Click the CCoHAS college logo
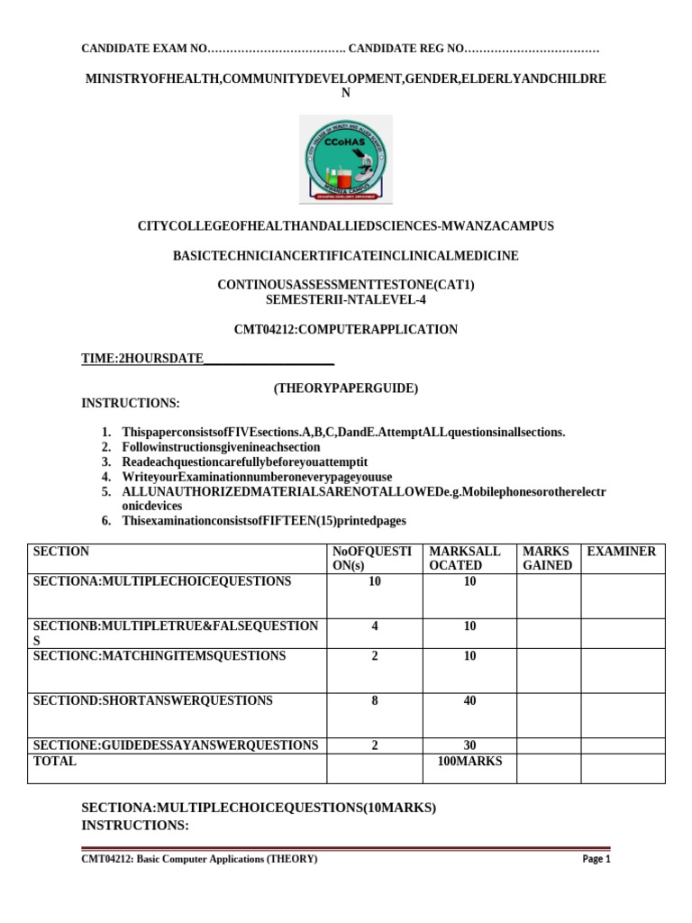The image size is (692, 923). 345,160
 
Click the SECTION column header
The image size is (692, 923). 61,551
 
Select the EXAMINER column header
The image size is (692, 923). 621,551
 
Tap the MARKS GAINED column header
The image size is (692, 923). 547,558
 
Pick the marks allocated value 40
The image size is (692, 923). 469,700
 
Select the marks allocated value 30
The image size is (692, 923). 469,745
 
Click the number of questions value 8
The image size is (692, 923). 374,700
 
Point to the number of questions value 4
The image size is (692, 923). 374,626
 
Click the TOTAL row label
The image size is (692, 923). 55,762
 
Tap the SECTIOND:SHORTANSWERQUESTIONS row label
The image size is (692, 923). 152,700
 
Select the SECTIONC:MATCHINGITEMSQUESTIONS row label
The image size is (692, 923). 159,655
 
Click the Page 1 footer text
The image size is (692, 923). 596,860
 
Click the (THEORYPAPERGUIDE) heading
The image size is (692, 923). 346,388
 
